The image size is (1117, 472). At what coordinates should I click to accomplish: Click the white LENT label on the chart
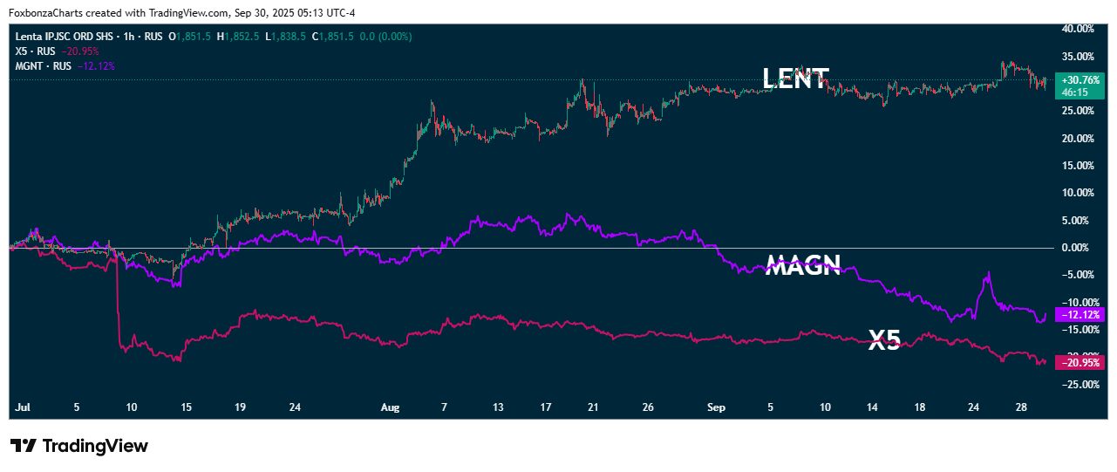tap(795, 79)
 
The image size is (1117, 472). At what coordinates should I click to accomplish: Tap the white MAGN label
tap(802, 265)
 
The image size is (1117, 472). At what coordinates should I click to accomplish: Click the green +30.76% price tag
tap(1079, 79)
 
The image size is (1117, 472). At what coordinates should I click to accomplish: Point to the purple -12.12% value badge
tap(1079, 314)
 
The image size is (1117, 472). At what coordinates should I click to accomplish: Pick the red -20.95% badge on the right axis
tap(1079, 362)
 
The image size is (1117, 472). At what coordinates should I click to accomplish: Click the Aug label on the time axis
tap(390, 407)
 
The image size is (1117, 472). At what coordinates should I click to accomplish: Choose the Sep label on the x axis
tap(716, 407)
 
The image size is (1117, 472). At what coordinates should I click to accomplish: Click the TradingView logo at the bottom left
tap(79, 446)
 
